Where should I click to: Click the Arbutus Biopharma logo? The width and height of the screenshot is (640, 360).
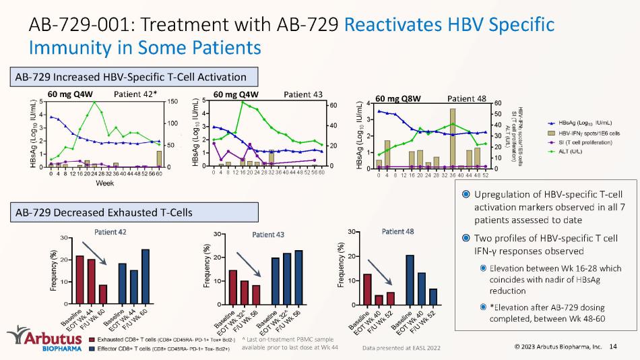point(41,340)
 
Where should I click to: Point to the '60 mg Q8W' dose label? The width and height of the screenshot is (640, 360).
point(397,98)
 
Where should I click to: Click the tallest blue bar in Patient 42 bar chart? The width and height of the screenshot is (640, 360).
point(146,276)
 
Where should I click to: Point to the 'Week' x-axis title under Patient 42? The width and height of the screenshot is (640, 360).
point(104,183)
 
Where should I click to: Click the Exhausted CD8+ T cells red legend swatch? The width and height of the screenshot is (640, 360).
point(92,340)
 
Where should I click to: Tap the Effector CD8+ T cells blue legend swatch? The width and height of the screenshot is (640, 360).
point(92,349)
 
